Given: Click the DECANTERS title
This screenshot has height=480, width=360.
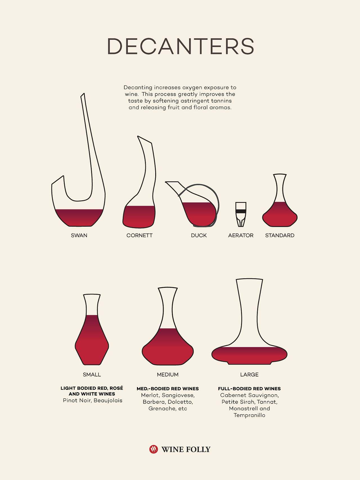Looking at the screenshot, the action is [181, 46].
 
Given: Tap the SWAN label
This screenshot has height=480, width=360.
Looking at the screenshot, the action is [79, 235].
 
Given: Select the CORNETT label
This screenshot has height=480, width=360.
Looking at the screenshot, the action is [139, 235].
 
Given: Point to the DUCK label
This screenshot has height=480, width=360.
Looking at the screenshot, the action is [199, 235].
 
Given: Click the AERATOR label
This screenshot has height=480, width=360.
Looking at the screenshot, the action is [241, 235].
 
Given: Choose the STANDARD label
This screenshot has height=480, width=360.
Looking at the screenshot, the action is [280, 235].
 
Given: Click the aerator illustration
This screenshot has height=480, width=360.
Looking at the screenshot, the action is [241, 214].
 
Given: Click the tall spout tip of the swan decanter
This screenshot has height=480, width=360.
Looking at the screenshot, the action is [83, 95].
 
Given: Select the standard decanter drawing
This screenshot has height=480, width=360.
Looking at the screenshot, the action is [280, 200].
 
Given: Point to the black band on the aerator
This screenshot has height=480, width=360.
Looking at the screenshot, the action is [241, 211].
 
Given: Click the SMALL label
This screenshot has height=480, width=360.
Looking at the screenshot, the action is [92, 375].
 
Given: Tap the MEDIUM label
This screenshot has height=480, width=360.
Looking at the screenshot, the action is [168, 375].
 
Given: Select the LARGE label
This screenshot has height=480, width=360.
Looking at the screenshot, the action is [249, 375].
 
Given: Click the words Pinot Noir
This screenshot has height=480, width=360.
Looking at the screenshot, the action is [77, 401].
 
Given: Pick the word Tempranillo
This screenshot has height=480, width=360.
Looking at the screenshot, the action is [249, 416].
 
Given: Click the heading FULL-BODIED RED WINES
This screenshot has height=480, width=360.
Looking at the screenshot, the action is [249, 389].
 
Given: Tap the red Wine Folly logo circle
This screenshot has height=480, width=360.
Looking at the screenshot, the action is [154, 449].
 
